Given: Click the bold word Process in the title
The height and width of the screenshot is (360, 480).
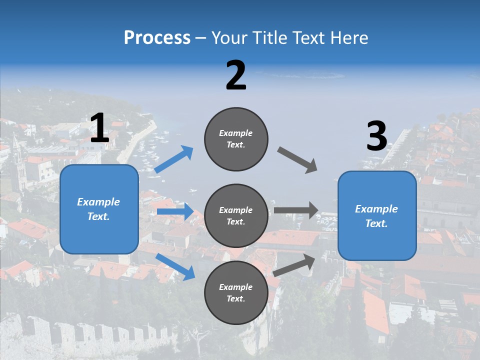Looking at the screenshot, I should coord(157,38).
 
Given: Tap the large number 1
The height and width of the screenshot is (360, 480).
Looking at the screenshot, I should coord(99,128).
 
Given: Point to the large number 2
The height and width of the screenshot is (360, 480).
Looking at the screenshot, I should coord(236,75).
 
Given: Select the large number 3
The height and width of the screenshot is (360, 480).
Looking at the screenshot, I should coord(376,136).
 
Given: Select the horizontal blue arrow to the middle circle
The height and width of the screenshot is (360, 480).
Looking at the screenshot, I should coord(175,211).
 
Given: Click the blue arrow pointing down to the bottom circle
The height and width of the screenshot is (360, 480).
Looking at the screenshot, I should coord(175,266).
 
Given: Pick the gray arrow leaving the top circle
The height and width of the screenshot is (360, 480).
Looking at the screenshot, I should coord(297,160).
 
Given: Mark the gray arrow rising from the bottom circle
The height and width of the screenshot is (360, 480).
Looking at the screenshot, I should coord(294,265).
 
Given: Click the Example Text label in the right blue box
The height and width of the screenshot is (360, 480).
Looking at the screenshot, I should coord(376,216).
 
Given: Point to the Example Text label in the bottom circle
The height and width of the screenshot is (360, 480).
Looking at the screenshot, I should coord(235,293).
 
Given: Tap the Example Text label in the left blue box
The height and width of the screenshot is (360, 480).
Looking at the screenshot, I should coord(98,209).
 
